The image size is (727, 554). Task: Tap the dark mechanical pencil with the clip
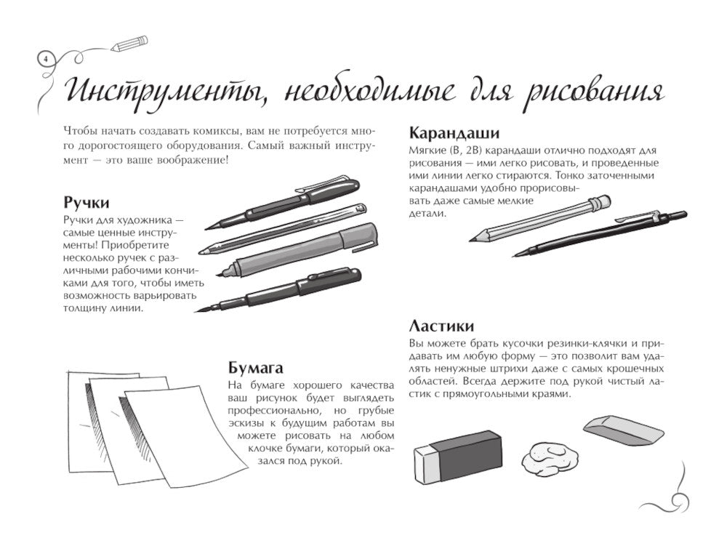(603, 233)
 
